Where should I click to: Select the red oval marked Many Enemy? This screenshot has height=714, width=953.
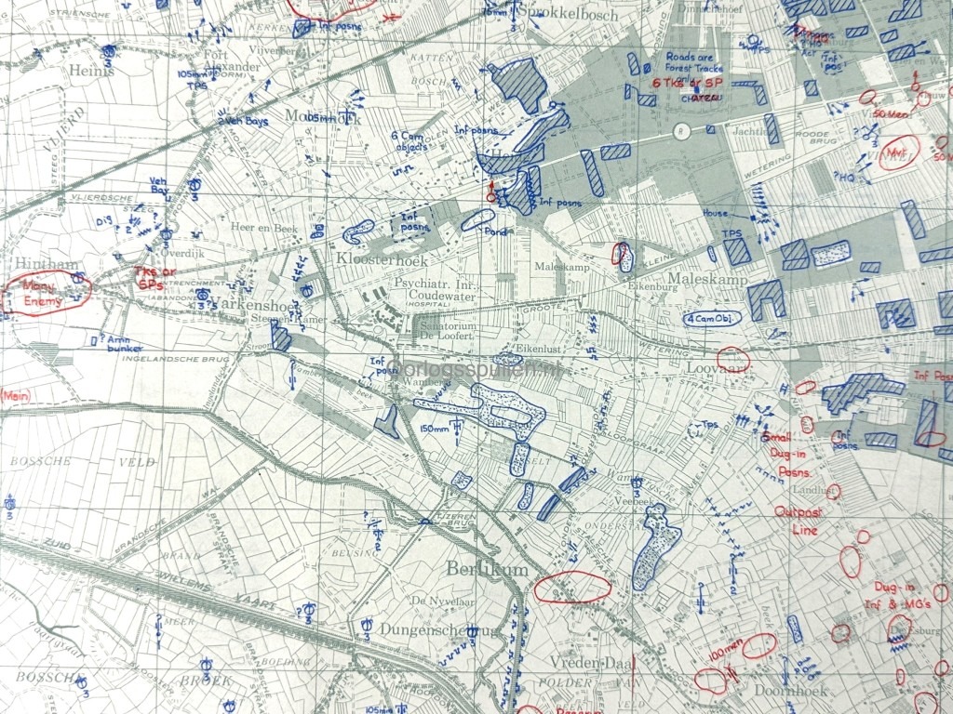click(x=48, y=292)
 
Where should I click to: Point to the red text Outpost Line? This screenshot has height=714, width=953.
click(x=796, y=521)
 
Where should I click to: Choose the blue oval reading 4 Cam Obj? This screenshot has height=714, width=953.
click(x=713, y=318)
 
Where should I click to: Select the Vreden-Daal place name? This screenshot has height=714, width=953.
click(x=585, y=662)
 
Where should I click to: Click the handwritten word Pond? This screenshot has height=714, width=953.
click(x=495, y=231)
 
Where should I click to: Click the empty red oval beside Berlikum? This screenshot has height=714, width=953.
click(x=573, y=588)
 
